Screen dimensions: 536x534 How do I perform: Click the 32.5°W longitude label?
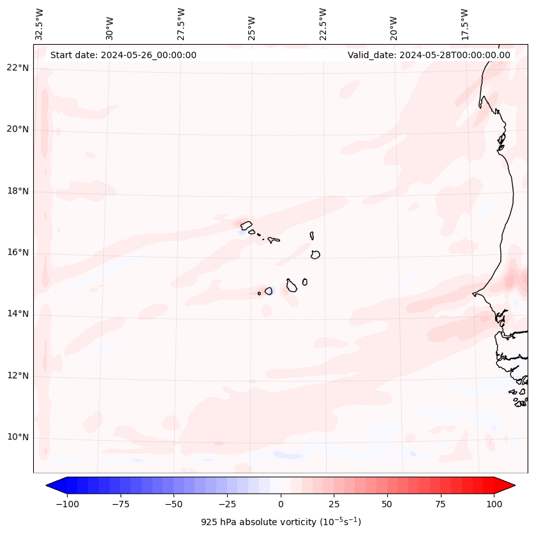[x=40, y=24]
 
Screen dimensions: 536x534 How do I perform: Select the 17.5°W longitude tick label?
[x=464, y=24]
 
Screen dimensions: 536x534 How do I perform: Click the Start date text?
[x=123, y=55]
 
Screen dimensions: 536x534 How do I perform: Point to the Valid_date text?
[x=429, y=55]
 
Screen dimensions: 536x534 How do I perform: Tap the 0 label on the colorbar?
[x=281, y=504]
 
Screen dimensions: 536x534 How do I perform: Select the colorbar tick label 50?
[x=387, y=504]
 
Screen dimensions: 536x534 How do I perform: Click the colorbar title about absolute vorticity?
[x=281, y=522]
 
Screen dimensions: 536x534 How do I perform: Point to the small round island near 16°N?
[x=315, y=254]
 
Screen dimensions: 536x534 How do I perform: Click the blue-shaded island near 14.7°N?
[x=269, y=291]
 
